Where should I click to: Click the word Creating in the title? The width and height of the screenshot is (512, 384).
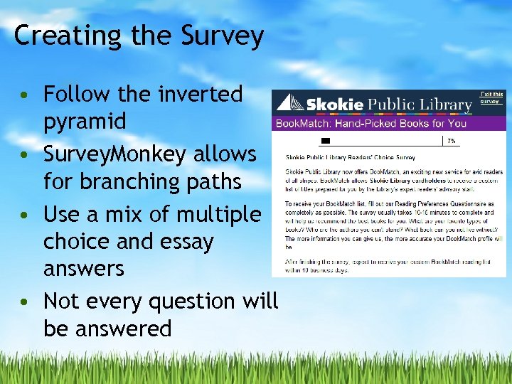pyautogui.click(x=57, y=36)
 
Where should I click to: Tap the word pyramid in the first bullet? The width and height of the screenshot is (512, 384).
pyautogui.click(x=84, y=122)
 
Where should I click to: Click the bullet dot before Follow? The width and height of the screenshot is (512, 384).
pyautogui.click(x=25, y=95)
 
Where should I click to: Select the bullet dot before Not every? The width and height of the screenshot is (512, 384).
pyautogui.click(x=25, y=302)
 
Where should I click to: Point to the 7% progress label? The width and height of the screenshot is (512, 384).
pyautogui.click(x=451, y=141)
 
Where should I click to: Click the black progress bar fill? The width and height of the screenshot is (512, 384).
pyautogui.click(x=326, y=141)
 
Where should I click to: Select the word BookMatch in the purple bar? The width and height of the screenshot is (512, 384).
pyautogui.click(x=299, y=123)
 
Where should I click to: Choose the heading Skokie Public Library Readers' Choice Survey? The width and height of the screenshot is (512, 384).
pyautogui.click(x=350, y=157)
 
